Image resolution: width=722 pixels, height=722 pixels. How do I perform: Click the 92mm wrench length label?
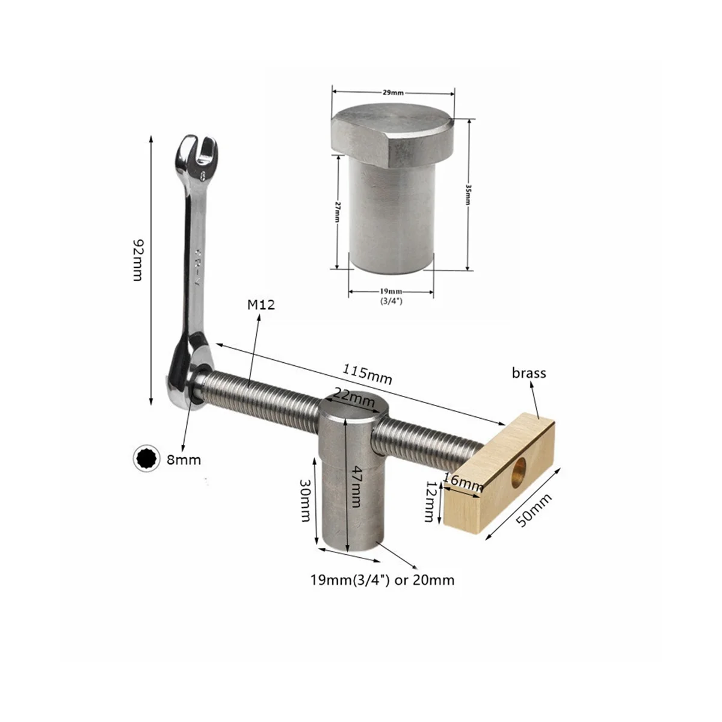137,260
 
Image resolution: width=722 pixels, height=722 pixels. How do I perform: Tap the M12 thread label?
261,305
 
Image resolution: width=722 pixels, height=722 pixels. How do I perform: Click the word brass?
529,373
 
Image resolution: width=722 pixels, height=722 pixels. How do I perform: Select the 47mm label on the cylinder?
356,486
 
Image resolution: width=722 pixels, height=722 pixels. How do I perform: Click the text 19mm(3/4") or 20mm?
382,581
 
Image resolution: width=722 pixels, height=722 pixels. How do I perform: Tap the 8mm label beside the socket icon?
184,460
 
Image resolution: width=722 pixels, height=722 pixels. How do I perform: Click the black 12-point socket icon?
147,460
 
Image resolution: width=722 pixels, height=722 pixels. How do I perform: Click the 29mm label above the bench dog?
393,93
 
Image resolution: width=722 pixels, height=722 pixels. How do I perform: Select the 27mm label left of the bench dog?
338,212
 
